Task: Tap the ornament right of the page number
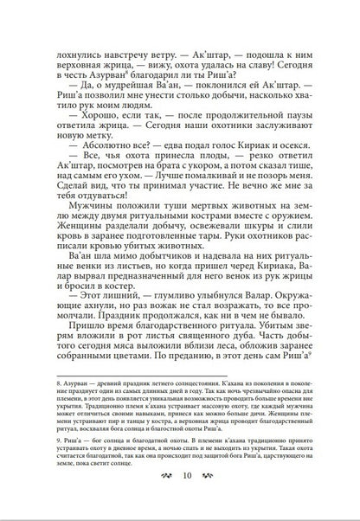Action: pyautogui.click(x=205, y=498)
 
